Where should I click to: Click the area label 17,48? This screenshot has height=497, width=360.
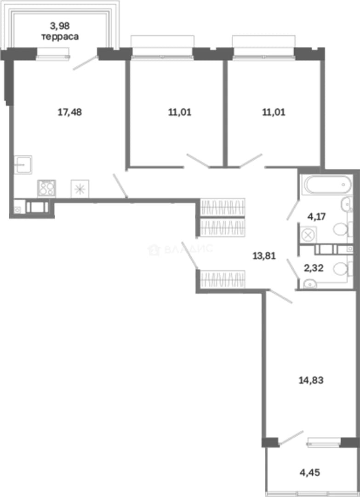click(70, 112)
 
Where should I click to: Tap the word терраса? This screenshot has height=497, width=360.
click(60, 37)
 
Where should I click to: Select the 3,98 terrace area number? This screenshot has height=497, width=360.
click(60, 25)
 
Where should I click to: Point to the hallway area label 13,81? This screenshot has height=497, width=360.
click(264, 255)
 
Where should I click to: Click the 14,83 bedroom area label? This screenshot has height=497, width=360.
click(311, 380)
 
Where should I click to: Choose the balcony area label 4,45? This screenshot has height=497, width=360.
click(310, 473)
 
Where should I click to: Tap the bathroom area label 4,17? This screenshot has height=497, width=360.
click(317, 217)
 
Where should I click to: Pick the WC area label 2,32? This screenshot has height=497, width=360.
click(314, 268)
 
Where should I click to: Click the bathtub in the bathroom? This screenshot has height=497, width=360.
click(327, 185)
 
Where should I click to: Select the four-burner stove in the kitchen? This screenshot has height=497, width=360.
click(46, 188)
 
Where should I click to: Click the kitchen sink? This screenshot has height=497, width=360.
click(23, 164)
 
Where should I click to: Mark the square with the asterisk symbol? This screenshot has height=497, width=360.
click(80, 189)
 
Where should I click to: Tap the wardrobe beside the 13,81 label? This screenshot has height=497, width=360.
click(223, 279)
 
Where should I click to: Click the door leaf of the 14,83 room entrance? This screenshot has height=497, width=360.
click(280, 297)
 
